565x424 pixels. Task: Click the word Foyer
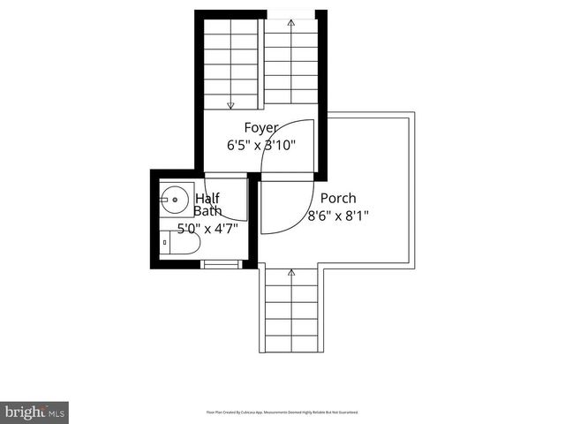[x=261, y=128]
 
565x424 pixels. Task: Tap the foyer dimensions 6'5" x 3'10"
[x=261, y=145]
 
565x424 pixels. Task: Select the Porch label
[x=338, y=199]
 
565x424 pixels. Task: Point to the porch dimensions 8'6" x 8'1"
[x=338, y=215]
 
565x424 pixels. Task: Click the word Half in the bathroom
[x=207, y=199]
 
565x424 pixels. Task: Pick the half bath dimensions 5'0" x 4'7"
[x=207, y=229]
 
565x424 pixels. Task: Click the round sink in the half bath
[x=174, y=201]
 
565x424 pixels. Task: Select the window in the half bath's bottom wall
[x=221, y=262]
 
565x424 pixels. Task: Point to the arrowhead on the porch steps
[x=291, y=273]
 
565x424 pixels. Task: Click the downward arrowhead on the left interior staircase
[x=230, y=104]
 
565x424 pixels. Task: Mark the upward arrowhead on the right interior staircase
[x=291, y=23]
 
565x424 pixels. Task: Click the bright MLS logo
[x=34, y=412]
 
